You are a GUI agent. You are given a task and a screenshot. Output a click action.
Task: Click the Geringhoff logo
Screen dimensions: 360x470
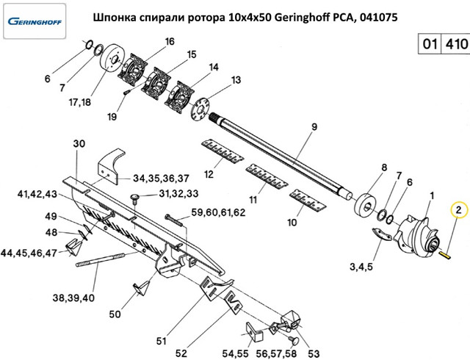click(x=36, y=20)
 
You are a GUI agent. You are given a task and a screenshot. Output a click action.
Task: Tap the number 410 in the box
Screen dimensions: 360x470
click(x=453, y=44)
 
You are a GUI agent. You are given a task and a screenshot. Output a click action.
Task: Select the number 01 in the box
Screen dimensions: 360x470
click(x=430, y=44)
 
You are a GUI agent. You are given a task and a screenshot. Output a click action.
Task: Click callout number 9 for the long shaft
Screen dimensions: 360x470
click(x=314, y=127)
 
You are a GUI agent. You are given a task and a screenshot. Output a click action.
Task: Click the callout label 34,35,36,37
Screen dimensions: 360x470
click(x=162, y=178)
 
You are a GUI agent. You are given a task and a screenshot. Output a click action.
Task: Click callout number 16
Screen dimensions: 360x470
click(x=170, y=42)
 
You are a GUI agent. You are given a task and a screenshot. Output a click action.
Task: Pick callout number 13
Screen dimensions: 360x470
click(x=236, y=79)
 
